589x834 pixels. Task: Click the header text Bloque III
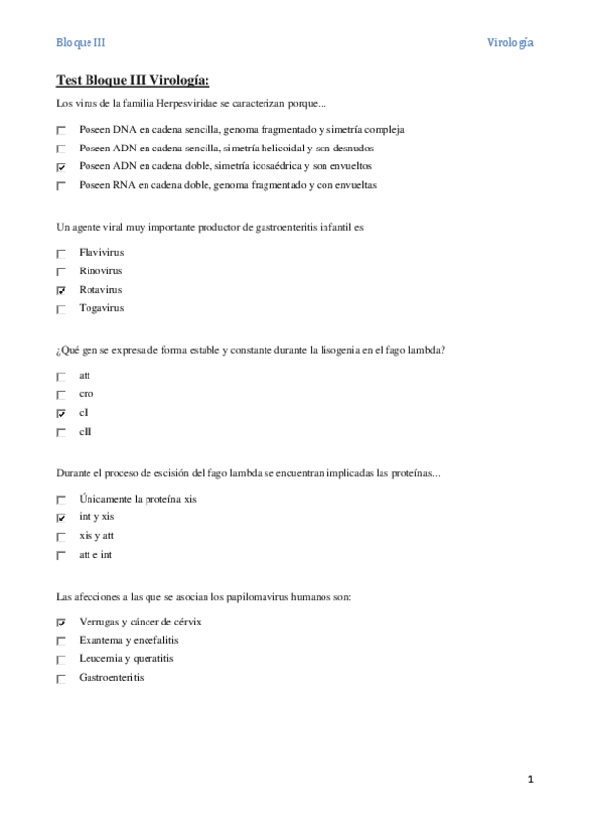coord(80,43)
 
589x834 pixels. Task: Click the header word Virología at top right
coord(510,43)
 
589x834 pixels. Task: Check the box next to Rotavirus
coord(61,290)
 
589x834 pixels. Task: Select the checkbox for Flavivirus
coord(61,253)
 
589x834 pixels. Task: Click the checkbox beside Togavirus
coord(61,309)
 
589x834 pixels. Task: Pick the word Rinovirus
coord(101,270)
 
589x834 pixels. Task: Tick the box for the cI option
coord(61,413)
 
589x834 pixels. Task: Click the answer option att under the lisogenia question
coord(86,375)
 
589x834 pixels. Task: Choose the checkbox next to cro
coord(61,394)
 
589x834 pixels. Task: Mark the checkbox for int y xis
coord(61,517)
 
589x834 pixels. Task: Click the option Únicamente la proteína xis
coord(137,499)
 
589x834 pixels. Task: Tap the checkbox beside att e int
coord(61,555)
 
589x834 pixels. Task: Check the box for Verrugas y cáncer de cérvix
coord(61,622)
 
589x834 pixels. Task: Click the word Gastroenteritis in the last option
coord(111,677)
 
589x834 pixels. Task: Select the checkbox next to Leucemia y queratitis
coord(61,659)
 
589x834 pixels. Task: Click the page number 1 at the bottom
coord(530,780)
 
